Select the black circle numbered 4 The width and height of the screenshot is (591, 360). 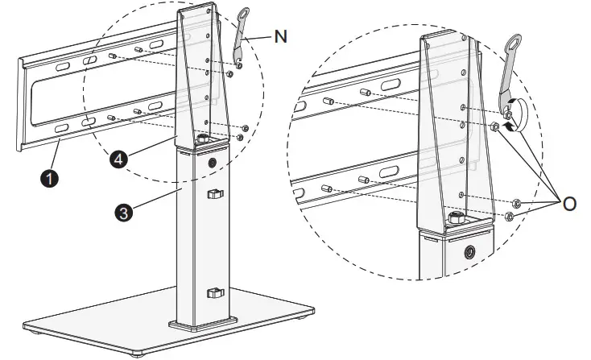point(119,159)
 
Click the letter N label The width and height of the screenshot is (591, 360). point(280,36)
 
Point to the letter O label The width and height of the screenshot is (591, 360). point(569,204)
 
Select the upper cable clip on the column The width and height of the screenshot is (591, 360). point(213,195)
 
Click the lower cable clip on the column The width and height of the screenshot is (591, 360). point(213,292)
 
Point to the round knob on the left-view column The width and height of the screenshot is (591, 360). point(214,163)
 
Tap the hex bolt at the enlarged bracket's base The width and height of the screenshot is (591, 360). point(457,217)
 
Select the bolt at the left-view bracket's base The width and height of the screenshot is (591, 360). point(202,140)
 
